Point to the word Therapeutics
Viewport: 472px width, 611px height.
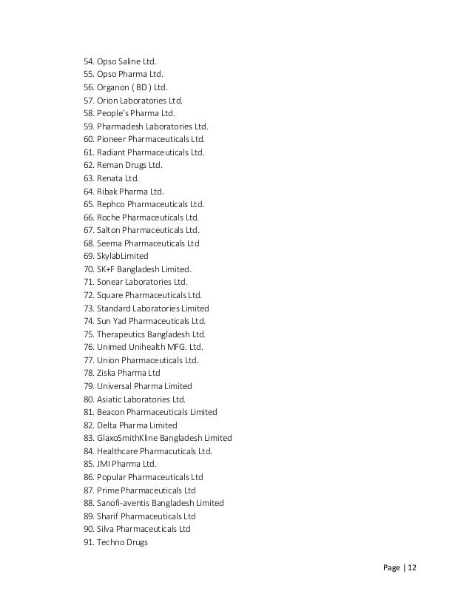coord(121,334)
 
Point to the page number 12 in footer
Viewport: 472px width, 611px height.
coord(412,567)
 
